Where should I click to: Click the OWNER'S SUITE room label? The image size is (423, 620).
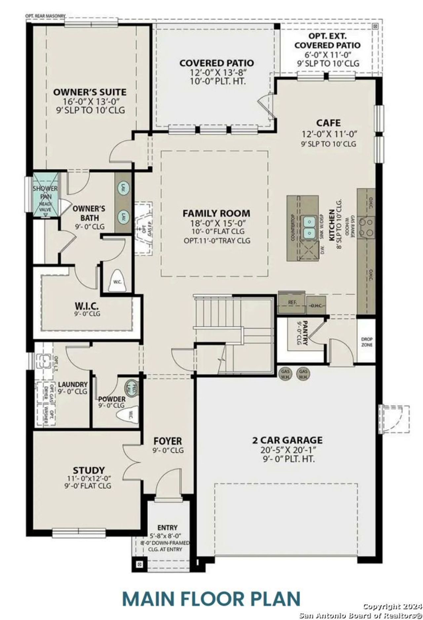[x=90, y=92]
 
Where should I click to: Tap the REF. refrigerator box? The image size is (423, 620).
[x=292, y=302]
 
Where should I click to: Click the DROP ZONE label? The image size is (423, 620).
[x=366, y=342]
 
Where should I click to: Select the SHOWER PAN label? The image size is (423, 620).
[x=45, y=192]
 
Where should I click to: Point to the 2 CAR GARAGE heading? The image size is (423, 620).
[x=287, y=440]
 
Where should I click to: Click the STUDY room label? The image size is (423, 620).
[x=89, y=470]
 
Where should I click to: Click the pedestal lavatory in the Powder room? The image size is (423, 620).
[x=132, y=387]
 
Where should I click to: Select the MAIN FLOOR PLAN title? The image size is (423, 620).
[x=211, y=599]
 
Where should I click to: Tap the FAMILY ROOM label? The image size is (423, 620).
[x=216, y=213]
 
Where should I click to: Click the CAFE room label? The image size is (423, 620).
[x=328, y=123]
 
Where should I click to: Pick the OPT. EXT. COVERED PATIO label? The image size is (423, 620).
[x=327, y=41]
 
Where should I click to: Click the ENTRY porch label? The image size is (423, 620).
[x=167, y=527]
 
